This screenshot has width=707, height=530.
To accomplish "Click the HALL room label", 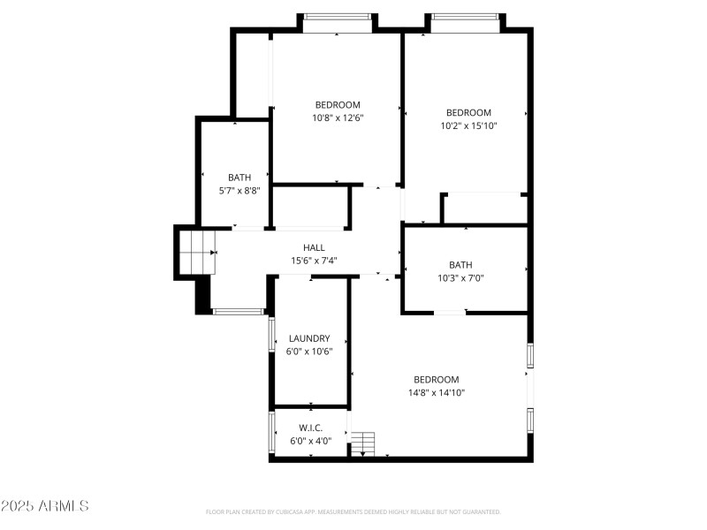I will [314, 248].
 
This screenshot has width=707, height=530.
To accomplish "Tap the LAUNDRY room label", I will [309, 338].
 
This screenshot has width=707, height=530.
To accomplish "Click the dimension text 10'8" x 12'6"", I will [337, 117].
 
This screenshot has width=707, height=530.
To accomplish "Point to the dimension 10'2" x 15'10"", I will [468, 125].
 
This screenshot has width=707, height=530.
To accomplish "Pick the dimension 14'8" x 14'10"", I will [437, 392].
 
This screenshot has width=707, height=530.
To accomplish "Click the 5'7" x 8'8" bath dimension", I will [239, 190].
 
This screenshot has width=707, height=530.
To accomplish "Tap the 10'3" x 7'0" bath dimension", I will [460, 277].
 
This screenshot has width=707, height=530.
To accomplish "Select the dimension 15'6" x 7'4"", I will [314, 261].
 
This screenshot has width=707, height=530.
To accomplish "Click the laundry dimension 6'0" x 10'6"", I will [309, 351].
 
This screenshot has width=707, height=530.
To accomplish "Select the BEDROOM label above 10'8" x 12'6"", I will [337, 105].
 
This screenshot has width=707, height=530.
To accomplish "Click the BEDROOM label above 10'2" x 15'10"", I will [468, 112].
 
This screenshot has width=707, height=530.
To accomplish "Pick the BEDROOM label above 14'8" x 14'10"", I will [437, 380].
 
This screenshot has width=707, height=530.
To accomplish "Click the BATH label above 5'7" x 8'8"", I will [239, 178].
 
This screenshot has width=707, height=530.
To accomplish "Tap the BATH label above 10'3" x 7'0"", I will [460, 265].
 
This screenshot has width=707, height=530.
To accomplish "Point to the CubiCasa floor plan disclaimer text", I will [353, 511].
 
